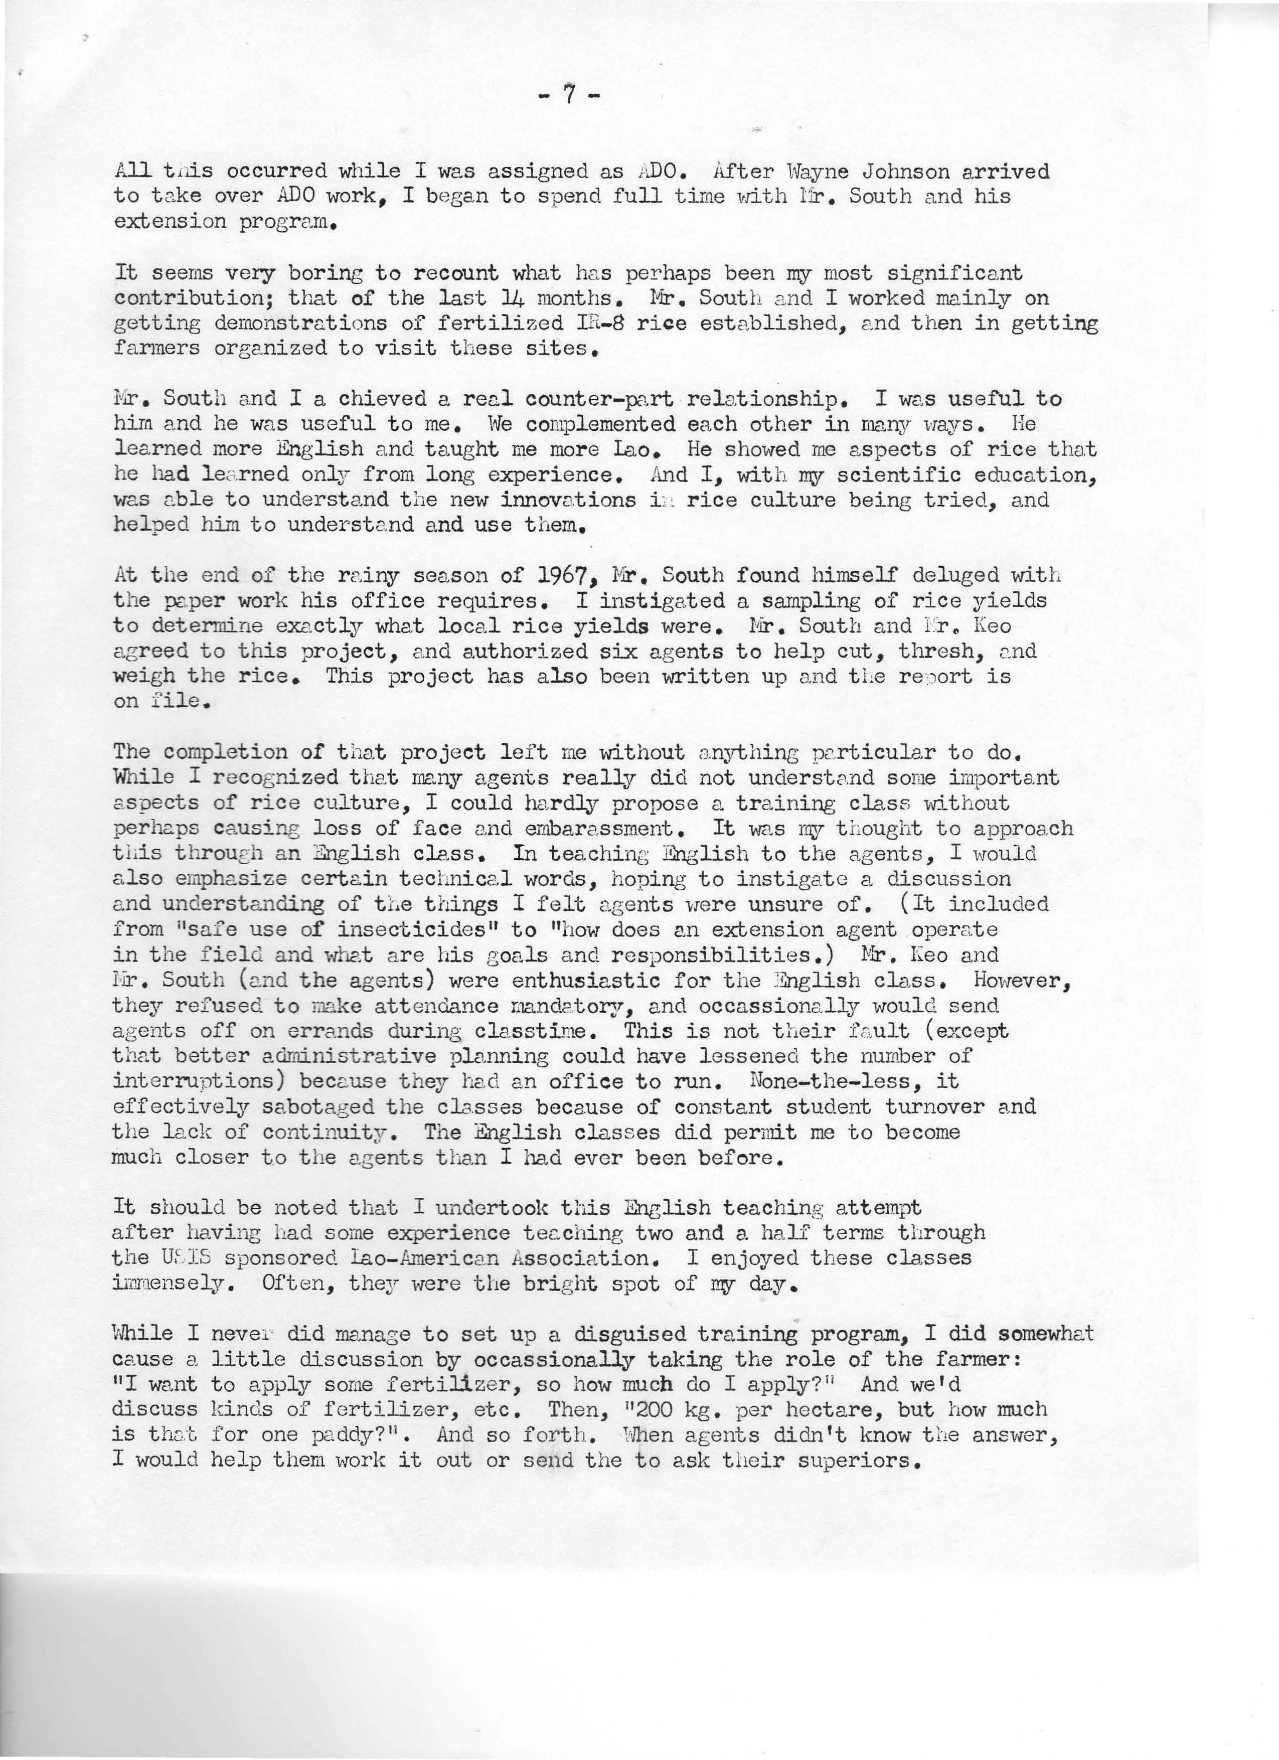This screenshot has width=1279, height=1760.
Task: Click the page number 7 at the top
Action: coord(569,95)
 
